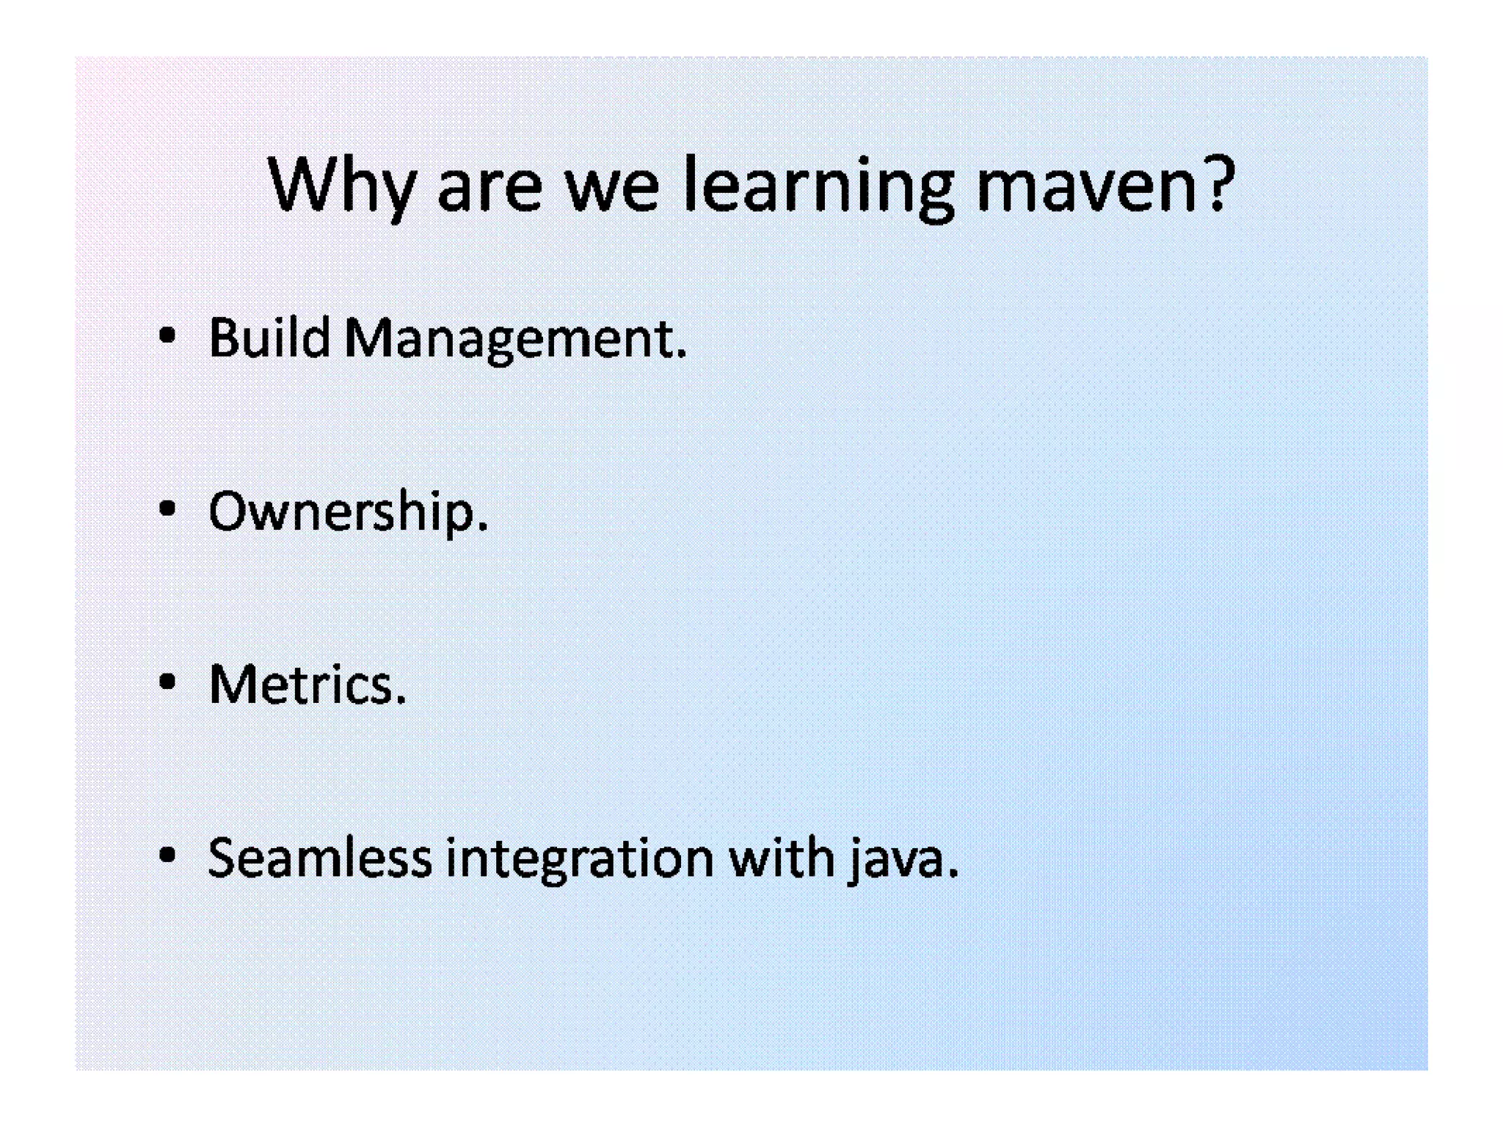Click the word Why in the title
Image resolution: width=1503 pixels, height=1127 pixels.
[342, 184]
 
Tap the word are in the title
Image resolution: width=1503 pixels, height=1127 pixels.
[490, 189]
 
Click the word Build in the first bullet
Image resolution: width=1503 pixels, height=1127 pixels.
[269, 338]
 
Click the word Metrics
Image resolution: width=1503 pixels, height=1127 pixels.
[301, 685]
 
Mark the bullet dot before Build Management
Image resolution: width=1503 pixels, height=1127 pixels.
[167, 336]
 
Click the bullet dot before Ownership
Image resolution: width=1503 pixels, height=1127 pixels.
[167, 508]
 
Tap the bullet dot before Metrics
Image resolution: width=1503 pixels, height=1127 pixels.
[167, 682]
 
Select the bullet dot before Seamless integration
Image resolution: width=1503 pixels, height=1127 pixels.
[167, 855]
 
